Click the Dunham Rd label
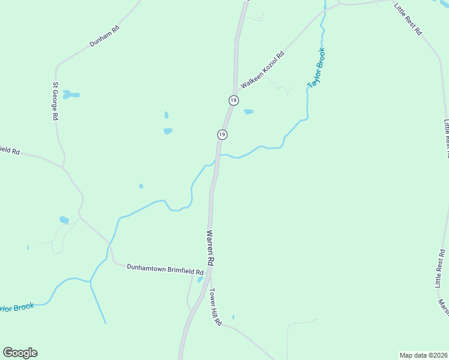pos(104,36)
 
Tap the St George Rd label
pos(55,101)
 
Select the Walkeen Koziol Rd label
pos(262,70)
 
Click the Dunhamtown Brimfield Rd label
pos(165,269)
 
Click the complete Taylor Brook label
pos(316,68)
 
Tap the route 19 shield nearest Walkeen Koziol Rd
pos(234,100)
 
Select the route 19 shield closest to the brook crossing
pos(222,134)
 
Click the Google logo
pos(20,353)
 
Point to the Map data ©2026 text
pos(423,355)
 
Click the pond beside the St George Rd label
pos(71,95)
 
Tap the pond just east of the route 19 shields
pos(249,112)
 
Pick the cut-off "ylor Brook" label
pos(17,308)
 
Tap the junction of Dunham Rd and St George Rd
pos(57,65)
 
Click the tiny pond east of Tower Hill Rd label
pos(233,317)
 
